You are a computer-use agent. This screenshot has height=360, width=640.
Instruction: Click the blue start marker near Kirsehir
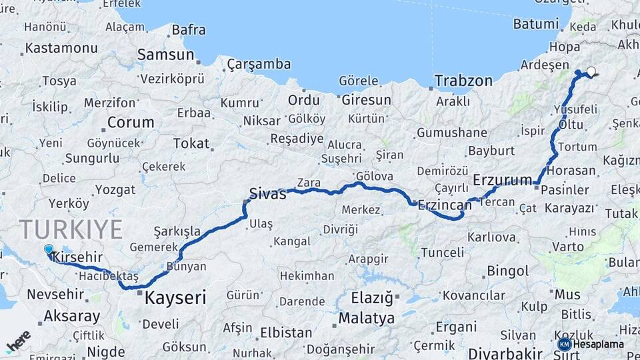(x=49, y=250)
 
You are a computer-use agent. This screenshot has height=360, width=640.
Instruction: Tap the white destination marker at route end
(x=591, y=71)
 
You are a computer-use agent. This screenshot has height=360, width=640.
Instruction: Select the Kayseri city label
(x=176, y=297)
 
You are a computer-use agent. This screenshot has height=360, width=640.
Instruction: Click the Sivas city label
(x=267, y=194)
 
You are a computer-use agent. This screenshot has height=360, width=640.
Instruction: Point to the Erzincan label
(x=444, y=205)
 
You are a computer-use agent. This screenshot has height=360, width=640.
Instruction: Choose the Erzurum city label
(x=503, y=180)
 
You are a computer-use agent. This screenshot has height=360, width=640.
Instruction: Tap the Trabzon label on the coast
(x=463, y=81)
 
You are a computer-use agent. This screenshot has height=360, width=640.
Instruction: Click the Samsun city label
(x=165, y=55)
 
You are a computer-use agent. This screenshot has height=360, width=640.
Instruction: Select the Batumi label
(x=536, y=24)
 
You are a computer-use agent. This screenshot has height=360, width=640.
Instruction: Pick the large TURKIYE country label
(x=71, y=229)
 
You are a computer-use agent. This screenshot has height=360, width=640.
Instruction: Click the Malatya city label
(x=367, y=318)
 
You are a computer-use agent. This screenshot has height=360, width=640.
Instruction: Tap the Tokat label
(x=191, y=143)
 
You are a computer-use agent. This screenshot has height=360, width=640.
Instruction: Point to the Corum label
(x=131, y=123)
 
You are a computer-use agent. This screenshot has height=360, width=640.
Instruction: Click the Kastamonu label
(x=61, y=48)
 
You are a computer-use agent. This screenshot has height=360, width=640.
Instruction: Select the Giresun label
(x=366, y=100)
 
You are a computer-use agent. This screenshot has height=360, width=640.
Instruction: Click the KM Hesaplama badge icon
(x=565, y=344)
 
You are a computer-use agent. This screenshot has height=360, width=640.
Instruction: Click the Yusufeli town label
(x=575, y=109)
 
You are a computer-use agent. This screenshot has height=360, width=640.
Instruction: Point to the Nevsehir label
(x=55, y=294)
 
